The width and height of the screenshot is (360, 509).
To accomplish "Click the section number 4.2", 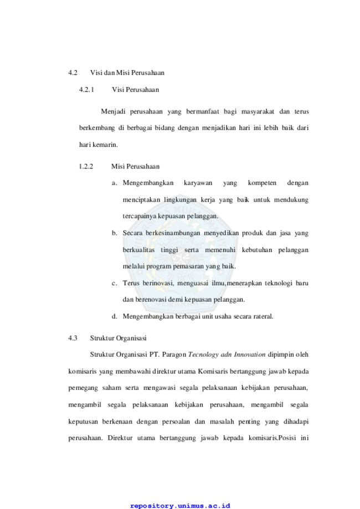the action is pyautogui.click(x=73, y=73).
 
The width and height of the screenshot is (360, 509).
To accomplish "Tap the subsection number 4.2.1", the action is pyautogui.click(x=86, y=90).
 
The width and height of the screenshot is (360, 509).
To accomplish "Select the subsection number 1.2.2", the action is pyautogui.click(x=86, y=167).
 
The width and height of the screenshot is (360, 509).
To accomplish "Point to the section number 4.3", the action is pyautogui.click(x=73, y=338).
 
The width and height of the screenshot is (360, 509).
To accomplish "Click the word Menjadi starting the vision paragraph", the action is pyautogui.click(x=113, y=112).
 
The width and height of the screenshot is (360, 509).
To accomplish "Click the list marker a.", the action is pyautogui.click(x=114, y=183).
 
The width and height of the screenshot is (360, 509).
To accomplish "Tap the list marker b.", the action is pyautogui.click(x=114, y=233).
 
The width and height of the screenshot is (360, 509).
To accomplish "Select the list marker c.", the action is pyautogui.click(x=114, y=284).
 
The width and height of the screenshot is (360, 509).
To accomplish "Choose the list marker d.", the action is pyautogui.click(x=114, y=316).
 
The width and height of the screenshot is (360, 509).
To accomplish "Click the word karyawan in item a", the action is pyautogui.click(x=198, y=183).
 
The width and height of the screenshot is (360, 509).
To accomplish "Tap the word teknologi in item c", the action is pyautogui.click(x=279, y=283).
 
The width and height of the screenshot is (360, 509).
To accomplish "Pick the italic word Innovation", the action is pyautogui.click(x=250, y=354).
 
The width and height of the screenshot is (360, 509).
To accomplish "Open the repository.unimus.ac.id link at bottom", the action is pyautogui.click(x=180, y=506).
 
